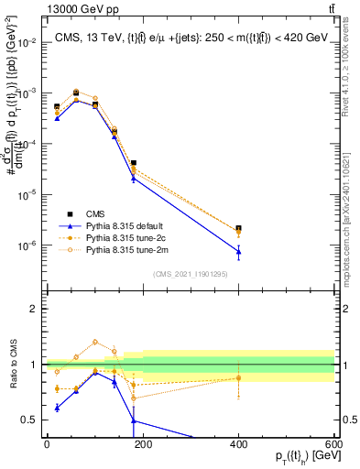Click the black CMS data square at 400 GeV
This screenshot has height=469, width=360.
[239, 228]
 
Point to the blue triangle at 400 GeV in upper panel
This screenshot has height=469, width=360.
[239, 251]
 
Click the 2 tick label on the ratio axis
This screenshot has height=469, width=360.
[33, 309]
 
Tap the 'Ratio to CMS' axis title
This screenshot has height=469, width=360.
[12, 365]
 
